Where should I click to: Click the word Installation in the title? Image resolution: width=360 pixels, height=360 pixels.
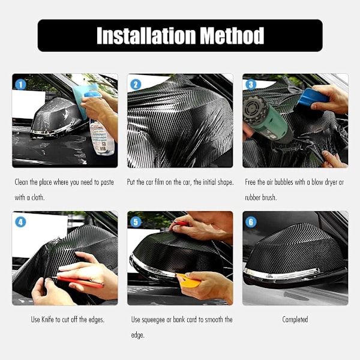146,35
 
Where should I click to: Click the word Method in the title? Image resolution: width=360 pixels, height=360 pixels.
232,35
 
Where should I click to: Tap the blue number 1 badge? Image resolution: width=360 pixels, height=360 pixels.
20,85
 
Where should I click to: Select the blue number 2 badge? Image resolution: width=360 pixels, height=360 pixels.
136,85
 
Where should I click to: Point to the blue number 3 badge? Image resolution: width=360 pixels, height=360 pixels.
251,85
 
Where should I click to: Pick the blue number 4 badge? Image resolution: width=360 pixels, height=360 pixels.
20,222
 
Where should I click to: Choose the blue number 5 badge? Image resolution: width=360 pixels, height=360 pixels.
136,222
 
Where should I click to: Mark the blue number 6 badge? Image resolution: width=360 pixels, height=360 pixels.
251,222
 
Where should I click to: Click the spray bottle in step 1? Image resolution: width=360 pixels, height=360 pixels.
101,136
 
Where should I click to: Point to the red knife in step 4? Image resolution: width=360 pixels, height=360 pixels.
78,282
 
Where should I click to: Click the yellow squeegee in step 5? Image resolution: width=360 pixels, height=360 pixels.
188,281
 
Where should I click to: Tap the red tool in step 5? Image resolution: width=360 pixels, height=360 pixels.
181,223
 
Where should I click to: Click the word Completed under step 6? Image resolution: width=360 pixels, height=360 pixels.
295,320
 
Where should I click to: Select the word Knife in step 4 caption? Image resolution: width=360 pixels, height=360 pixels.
47,319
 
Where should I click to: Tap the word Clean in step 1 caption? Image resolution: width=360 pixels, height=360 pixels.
22,182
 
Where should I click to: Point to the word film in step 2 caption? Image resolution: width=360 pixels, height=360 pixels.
159,182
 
